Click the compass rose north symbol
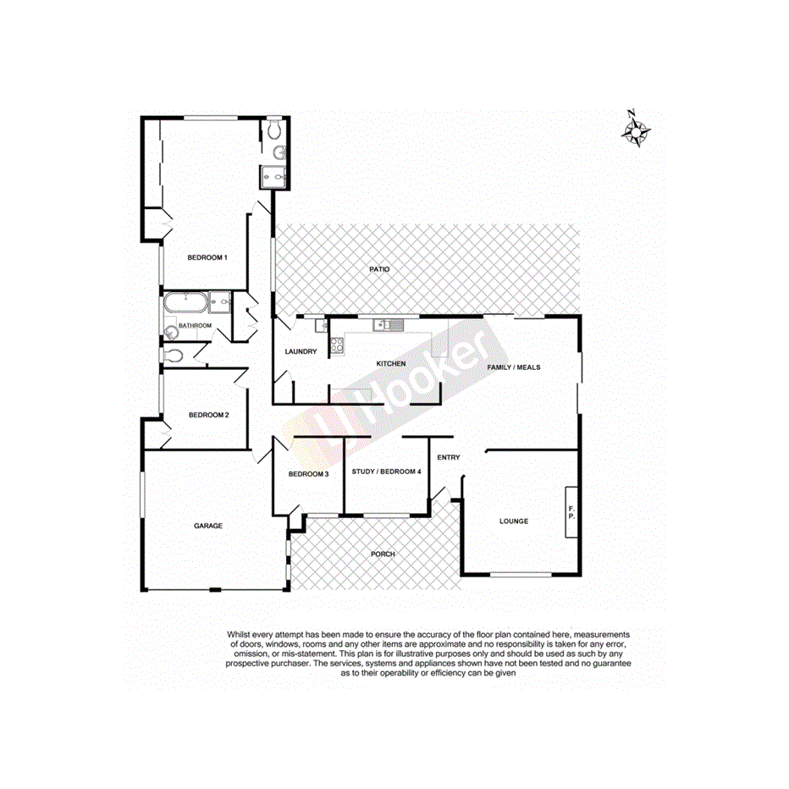(636, 130)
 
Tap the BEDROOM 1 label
(207, 257)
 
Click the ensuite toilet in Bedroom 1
(274, 130)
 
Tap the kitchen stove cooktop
(335, 345)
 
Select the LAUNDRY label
(301, 352)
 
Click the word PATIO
(379, 270)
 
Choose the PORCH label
(383, 554)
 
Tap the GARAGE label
(208, 526)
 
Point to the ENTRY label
(448, 458)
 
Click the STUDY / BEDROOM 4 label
(386, 472)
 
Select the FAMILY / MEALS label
(513, 367)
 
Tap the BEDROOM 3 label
(308, 474)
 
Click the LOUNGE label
(513, 521)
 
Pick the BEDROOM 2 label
(208, 415)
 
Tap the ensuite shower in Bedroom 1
(273, 174)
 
